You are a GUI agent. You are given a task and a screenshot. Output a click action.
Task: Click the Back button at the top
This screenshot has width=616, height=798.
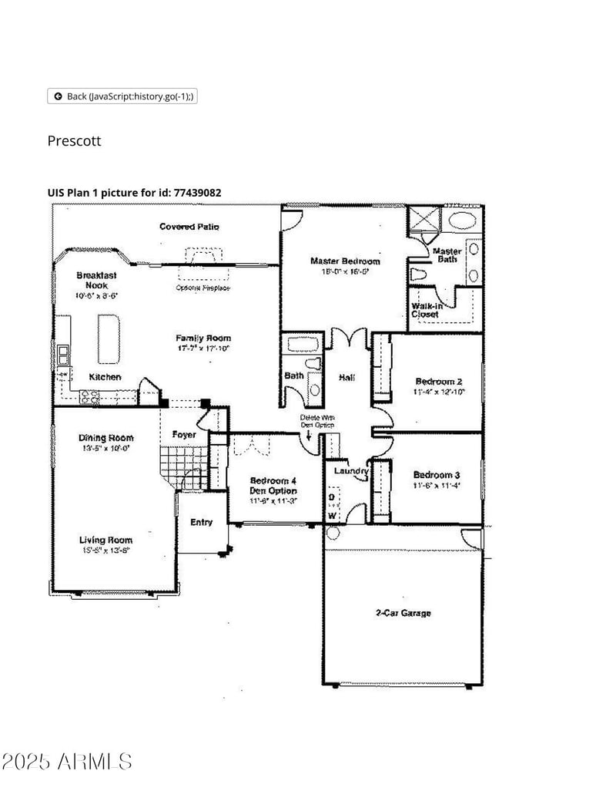(123, 96)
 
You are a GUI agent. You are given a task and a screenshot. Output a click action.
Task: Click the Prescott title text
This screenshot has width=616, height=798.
(74, 141)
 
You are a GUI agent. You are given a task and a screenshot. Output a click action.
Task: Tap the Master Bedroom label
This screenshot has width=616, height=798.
(345, 261)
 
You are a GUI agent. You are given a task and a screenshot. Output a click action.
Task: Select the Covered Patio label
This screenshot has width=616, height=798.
(189, 227)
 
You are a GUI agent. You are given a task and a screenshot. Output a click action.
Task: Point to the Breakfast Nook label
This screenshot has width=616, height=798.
(96, 280)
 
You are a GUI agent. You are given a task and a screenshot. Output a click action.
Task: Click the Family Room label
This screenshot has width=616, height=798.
(203, 338)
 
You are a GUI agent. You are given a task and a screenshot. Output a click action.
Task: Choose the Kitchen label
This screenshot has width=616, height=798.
(105, 378)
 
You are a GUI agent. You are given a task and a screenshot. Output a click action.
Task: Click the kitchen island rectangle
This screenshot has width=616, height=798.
(109, 338)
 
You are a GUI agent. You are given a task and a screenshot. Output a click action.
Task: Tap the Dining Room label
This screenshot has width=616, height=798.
(105, 438)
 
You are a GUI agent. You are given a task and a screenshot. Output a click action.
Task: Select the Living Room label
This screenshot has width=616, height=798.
(105, 540)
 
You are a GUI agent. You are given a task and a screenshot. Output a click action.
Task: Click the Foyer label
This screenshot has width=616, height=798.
(183, 435)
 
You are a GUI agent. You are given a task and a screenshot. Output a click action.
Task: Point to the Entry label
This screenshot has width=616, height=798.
(201, 523)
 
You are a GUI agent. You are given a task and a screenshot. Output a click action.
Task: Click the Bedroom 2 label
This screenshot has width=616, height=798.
(438, 382)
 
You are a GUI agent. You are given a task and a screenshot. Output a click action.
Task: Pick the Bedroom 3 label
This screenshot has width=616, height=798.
(437, 475)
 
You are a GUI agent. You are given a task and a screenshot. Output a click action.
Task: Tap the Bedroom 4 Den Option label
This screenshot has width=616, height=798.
(273, 487)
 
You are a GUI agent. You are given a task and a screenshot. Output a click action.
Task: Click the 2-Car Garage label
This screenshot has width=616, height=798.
(403, 614)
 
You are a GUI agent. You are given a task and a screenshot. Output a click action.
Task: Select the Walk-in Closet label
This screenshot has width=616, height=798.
(425, 310)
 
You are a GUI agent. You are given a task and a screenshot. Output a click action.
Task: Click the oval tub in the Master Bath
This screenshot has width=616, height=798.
(463, 220)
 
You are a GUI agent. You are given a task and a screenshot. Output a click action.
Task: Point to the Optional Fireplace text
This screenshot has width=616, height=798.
(203, 288)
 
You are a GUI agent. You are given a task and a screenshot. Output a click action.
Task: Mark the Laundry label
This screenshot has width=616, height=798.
(350, 470)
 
